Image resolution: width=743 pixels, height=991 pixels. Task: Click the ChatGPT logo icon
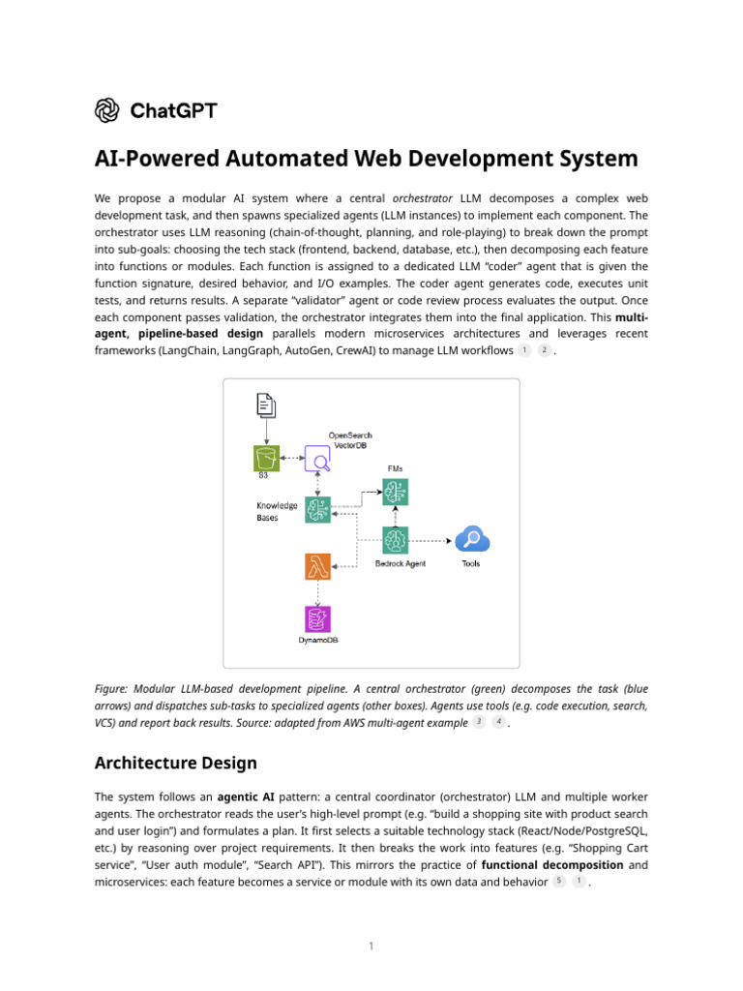(106, 110)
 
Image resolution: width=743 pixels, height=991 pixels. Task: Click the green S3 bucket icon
(265, 458)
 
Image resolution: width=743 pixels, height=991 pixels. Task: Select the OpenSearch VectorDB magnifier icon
(318, 459)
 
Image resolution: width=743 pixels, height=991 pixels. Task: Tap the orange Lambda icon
(317, 566)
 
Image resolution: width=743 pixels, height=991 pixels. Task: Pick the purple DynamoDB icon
(317, 619)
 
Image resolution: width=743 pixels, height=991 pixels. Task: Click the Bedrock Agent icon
(396, 540)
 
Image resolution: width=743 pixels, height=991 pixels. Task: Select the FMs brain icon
(396, 493)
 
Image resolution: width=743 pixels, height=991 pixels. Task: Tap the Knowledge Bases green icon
(318, 509)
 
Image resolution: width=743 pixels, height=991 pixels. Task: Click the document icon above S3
(265, 405)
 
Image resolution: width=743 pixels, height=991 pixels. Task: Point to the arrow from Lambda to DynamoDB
(317, 592)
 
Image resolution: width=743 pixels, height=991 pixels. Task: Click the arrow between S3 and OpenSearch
(291, 458)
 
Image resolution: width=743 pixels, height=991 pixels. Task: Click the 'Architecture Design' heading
(175, 763)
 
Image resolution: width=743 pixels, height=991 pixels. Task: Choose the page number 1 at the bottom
(371, 946)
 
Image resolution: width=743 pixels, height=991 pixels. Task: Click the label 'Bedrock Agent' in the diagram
(400, 563)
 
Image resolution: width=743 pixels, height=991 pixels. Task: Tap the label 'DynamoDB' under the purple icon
(317, 640)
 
